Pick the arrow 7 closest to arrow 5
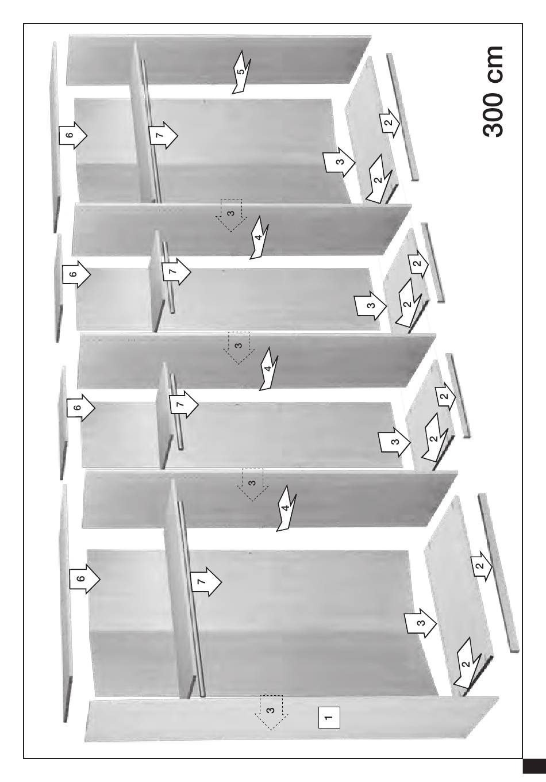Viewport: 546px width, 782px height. point(163,135)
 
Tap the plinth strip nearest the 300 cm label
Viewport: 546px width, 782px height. point(402,117)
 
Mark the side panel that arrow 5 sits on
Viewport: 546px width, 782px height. point(218,59)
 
